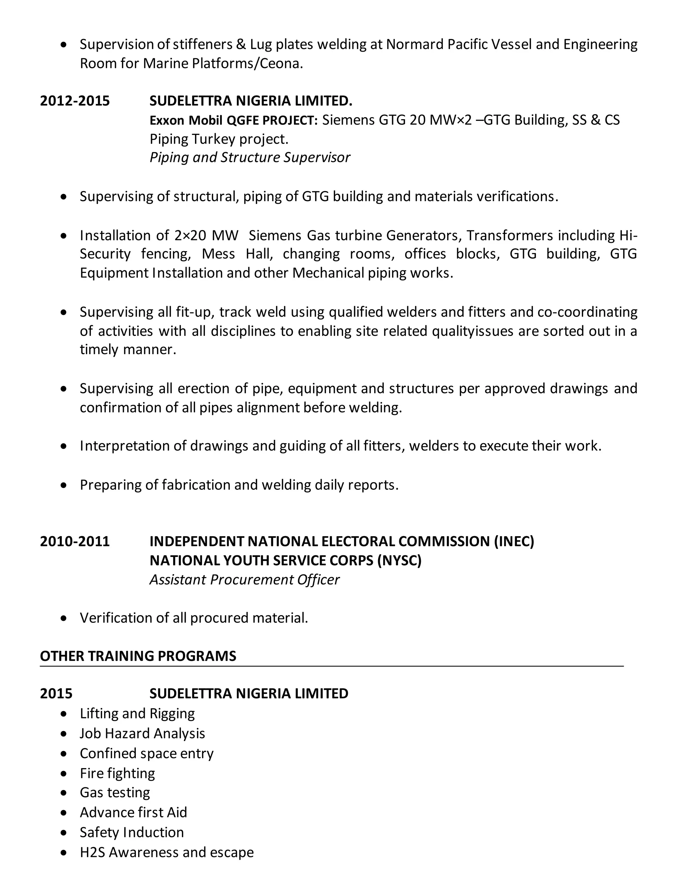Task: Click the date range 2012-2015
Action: [x=75, y=101]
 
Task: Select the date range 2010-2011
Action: [x=75, y=541]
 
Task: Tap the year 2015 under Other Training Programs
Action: [x=56, y=693]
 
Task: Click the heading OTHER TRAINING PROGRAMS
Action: [x=138, y=656]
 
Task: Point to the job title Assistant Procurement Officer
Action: [x=244, y=579]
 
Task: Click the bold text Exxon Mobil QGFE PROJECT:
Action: [x=233, y=120]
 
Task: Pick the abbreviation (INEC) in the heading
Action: [x=514, y=541]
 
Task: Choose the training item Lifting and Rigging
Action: [x=137, y=714]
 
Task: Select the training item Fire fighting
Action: [x=117, y=773]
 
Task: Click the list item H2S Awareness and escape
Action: [x=167, y=852]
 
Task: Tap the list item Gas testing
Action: [x=115, y=793]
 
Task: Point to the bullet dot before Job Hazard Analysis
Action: [x=64, y=734]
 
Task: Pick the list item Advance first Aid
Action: [x=133, y=812]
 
